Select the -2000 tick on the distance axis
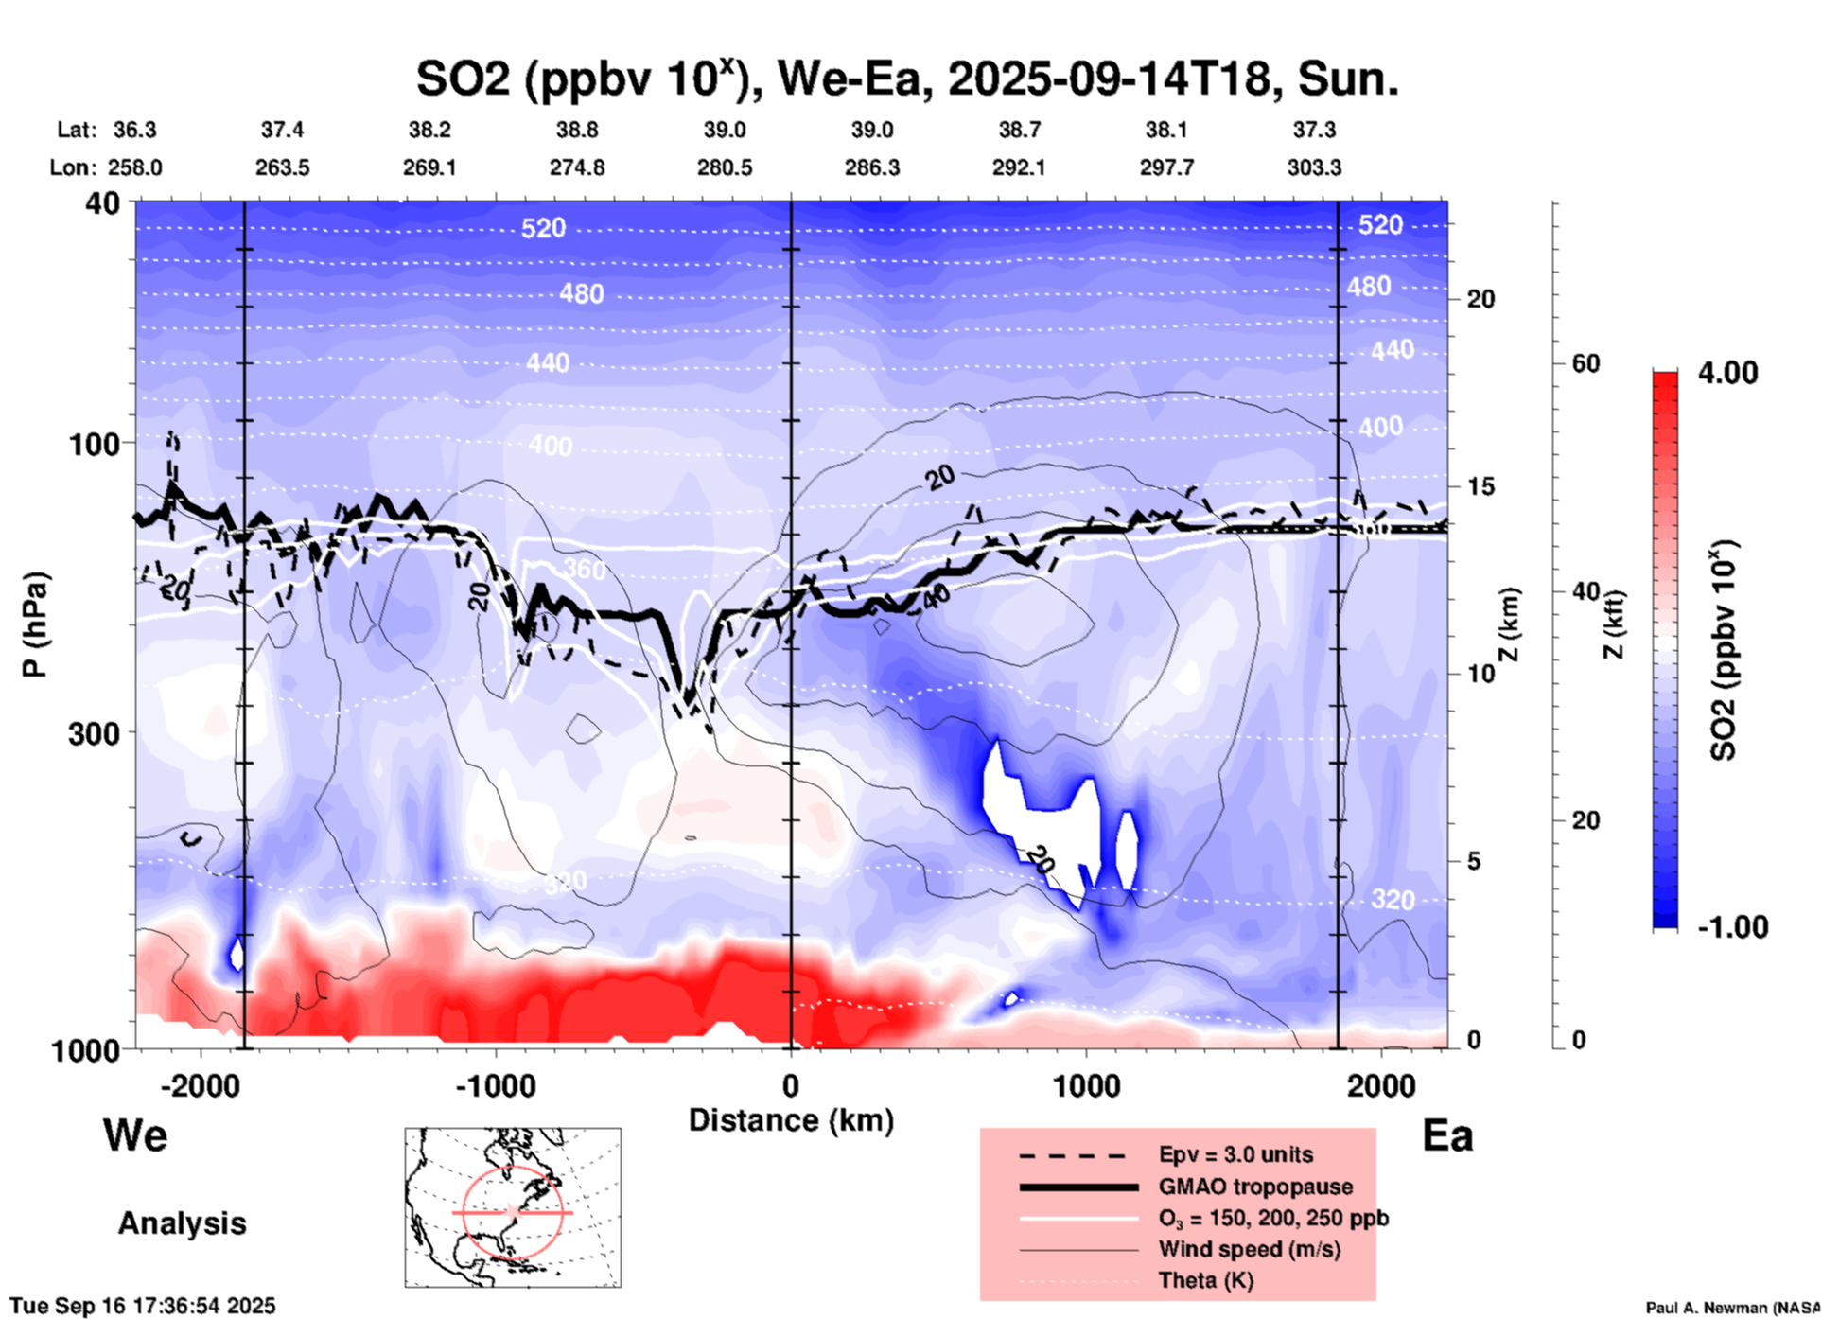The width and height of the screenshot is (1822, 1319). coord(201,1085)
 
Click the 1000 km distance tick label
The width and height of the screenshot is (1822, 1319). coord(1086,1085)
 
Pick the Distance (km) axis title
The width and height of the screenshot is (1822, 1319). coord(791,1120)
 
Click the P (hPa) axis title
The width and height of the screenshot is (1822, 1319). coord(35,624)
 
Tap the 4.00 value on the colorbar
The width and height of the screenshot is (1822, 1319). coord(1727,373)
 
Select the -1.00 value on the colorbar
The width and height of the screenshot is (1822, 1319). coord(1732,927)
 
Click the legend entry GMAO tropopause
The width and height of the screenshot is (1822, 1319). coord(1255,1187)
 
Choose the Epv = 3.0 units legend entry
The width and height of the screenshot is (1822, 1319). coord(1235,1154)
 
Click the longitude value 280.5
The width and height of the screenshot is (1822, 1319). coord(725,167)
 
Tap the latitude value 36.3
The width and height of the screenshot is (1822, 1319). coord(135,130)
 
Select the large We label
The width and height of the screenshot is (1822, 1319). coord(135,1135)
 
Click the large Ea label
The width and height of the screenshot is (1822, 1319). coord(1447,1136)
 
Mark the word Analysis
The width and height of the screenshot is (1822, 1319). coord(182,1223)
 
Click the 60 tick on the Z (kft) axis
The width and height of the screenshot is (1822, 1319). coord(1585,363)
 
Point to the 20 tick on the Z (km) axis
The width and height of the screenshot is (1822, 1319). coord(1480,299)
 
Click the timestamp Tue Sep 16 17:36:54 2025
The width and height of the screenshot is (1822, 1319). coord(143,1306)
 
